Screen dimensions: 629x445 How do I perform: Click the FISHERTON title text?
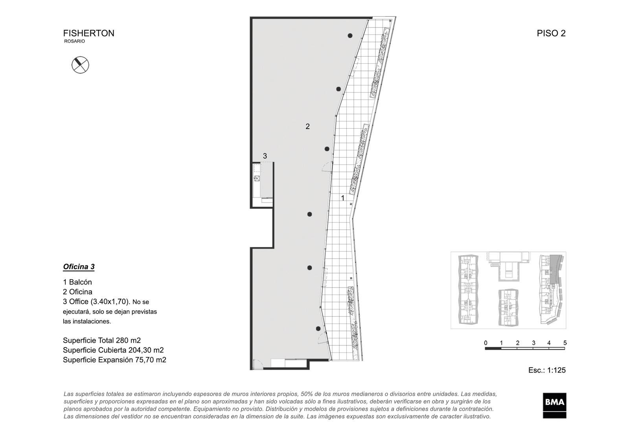tap(89, 33)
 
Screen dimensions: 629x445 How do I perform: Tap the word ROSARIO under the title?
tap(74, 41)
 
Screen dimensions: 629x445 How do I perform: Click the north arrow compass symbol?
tap(80, 65)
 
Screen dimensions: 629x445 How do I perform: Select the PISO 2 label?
tap(551, 33)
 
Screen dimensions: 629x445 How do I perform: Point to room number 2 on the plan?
tap(307, 127)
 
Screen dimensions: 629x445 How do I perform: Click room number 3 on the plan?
tap(265, 156)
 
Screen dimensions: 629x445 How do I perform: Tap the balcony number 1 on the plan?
tap(342, 198)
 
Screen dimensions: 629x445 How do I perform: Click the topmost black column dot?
tap(350, 36)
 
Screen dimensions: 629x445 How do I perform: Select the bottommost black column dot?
tap(318, 329)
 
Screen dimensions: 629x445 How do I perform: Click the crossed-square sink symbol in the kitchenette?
tap(257, 178)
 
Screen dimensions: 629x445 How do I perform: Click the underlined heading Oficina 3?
tap(79, 267)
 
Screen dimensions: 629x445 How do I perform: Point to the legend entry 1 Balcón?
tap(77, 282)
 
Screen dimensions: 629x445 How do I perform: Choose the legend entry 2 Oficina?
tap(77, 292)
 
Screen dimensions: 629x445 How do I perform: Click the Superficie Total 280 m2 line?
tap(102, 340)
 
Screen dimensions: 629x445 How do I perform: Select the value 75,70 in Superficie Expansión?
tap(143, 360)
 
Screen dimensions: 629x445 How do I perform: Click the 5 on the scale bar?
tap(565, 343)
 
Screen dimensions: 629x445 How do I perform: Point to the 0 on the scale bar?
tap(486, 343)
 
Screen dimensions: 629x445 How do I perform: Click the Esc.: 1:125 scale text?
tap(547, 370)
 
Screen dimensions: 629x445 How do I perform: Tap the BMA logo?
tap(554, 405)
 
